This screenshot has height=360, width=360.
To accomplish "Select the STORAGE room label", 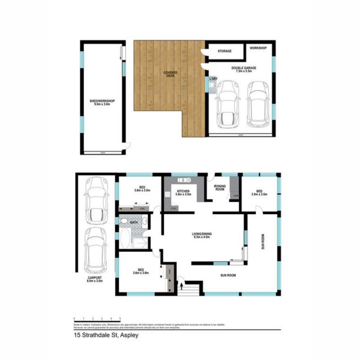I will click(x=225, y=51).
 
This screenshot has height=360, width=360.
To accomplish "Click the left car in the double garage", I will click(x=228, y=104).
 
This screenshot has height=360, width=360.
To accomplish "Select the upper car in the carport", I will click(x=96, y=201).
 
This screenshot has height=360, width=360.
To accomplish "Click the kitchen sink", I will click(x=185, y=181).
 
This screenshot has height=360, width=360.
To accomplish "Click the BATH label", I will click(x=134, y=222).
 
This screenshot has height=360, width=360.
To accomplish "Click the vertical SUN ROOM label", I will click(x=263, y=241).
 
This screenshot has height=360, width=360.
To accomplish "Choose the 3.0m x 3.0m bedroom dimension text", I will click(x=259, y=195).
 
